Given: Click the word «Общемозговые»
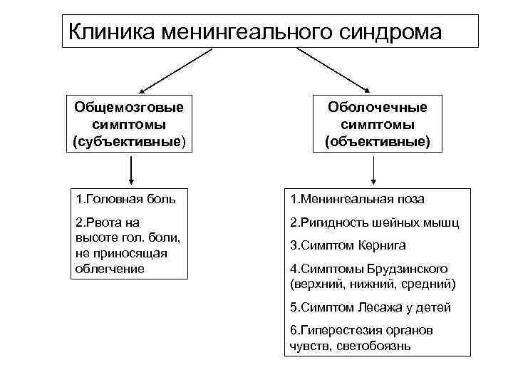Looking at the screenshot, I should (129, 107).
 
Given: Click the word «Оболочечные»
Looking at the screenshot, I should (378, 107).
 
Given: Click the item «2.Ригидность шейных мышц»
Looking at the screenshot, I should (374, 222).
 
